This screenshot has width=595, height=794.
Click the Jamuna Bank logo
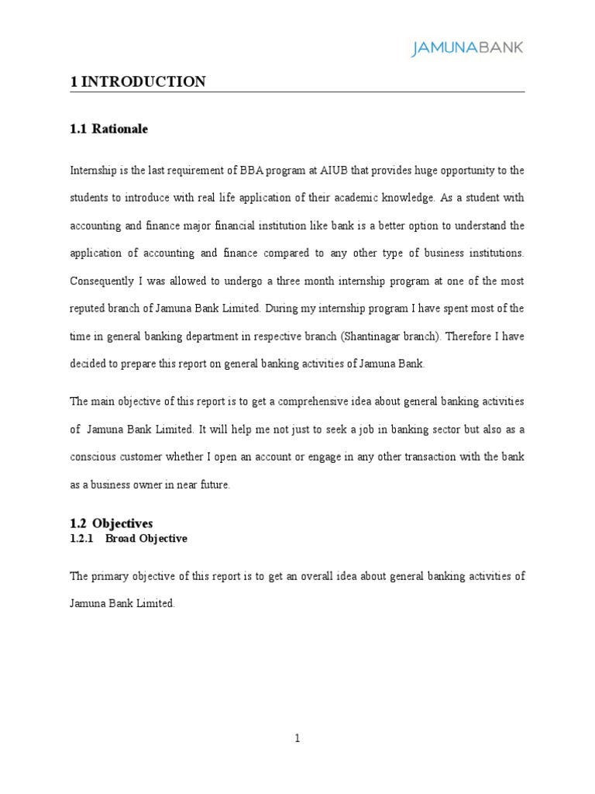tap(466, 48)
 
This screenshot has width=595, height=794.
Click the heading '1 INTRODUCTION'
tap(138, 81)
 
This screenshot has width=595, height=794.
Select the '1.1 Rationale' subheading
tap(108, 129)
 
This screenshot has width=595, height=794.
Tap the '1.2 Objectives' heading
tap(111, 524)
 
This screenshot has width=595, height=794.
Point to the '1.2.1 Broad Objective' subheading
tap(129, 538)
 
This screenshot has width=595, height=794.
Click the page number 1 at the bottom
tap(297, 738)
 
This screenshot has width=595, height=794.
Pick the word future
tap(215, 485)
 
